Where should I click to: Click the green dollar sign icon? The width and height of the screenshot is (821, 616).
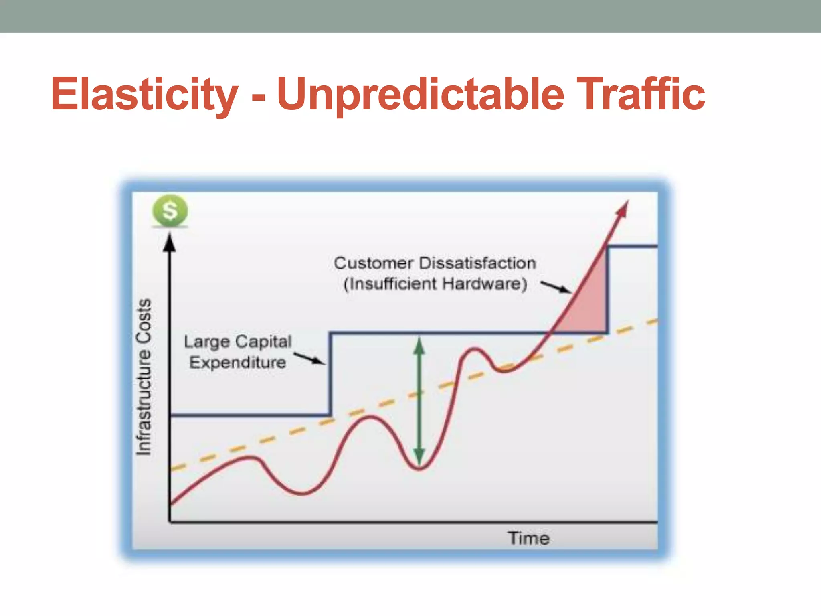(170, 211)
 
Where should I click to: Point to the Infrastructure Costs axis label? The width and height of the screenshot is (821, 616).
(144, 377)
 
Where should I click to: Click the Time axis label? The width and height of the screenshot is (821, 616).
(529, 538)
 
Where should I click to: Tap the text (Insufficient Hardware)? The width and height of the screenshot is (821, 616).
(435, 284)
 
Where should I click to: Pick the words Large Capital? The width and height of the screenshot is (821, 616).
(238, 342)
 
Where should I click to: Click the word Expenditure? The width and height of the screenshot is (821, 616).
(238, 363)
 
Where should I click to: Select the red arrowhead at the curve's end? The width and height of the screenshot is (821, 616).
(623, 209)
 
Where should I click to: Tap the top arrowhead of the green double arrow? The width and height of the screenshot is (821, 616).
(419, 346)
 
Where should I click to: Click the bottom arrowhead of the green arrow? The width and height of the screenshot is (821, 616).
(419, 457)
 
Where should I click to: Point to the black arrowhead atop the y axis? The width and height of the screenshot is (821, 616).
(170, 243)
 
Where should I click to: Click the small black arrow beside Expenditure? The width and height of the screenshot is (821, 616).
(309, 358)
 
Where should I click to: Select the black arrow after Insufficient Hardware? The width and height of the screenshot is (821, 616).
(556, 287)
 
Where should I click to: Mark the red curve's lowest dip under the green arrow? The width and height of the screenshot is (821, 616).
(419, 468)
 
